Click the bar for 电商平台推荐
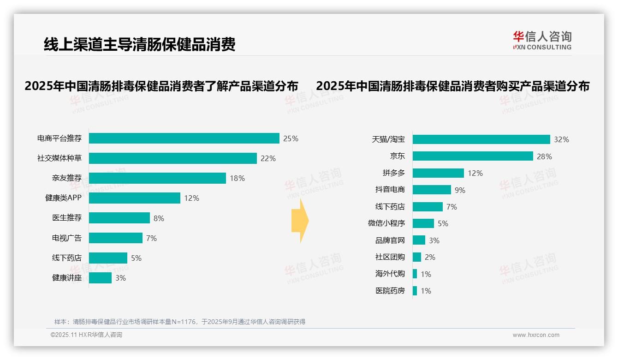click(184, 138)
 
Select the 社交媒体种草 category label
click(59, 158)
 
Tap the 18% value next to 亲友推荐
click(237, 178)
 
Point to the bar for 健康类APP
click(134, 198)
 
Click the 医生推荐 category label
click(67, 218)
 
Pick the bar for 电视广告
click(115, 238)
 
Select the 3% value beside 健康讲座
click(120, 278)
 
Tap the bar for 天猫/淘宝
click(481, 139)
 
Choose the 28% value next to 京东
click(544, 156)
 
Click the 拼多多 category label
click(393, 173)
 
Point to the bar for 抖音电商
click(432, 190)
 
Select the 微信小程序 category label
click(386, 223)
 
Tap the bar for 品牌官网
click(419, 240)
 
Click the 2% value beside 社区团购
click(430, 257)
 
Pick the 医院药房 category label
click(390, 291)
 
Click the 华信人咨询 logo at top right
click(542, 41)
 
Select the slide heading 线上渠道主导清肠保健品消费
click(139, 44)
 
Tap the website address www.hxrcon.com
click(536, 335)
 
